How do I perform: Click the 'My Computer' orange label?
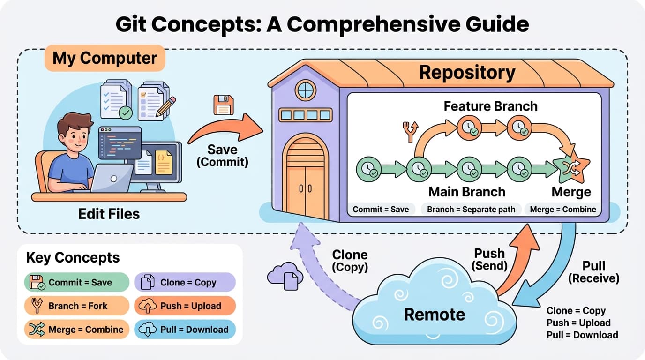[105, 58]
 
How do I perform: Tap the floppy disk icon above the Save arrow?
[223, 105]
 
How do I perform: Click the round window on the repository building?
[305, 89]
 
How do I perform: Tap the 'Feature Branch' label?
[490, 106]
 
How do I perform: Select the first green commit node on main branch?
[368, 169]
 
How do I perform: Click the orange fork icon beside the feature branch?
[410, 131]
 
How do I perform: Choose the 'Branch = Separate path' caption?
[471, 210]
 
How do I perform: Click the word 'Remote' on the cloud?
[434, 314]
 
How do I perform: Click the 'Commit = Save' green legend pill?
[76, 282]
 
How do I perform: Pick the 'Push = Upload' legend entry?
[185, 306]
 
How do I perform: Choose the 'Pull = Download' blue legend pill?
[185, 330]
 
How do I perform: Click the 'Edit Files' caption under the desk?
[109, 214]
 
